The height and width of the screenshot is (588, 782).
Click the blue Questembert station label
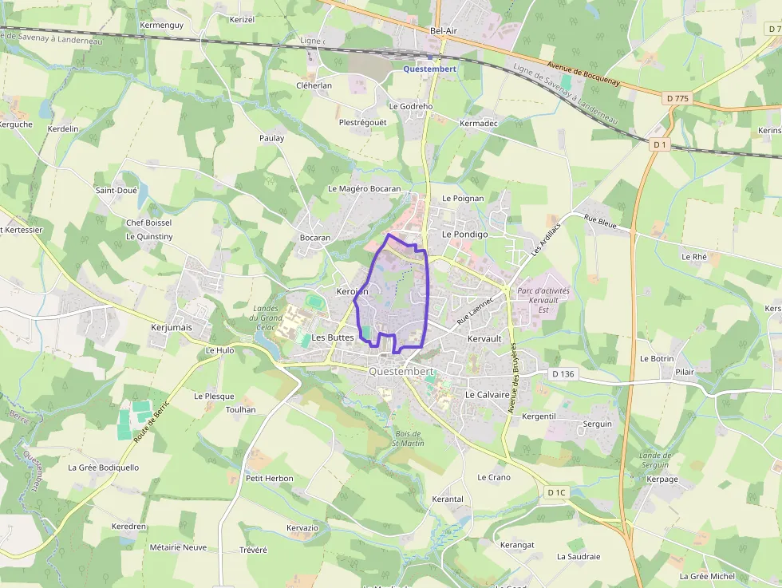coord(429,69)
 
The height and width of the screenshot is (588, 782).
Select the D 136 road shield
coord(563,373)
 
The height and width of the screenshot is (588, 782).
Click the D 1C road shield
coord(556,492)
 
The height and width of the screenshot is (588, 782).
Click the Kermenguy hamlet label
coord(161,26)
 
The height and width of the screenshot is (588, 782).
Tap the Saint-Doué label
coord(117,191)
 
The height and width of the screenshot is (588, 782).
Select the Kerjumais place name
coord(172,327)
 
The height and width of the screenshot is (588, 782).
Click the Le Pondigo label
coord(464,235)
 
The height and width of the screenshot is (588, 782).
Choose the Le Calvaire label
coord(487,394)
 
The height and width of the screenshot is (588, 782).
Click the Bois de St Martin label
coord(409,438)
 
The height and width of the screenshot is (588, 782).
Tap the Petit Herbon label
coord(269,479)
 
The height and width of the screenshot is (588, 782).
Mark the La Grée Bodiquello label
coord(103,468)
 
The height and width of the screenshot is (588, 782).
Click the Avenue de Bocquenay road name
coord(590,78)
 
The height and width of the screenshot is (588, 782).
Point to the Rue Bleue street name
coord(600,222)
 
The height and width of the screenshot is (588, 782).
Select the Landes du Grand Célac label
coord(269,318)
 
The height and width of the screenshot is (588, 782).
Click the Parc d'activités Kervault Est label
coord(543,300)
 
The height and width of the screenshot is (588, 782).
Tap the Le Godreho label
coord(410,106)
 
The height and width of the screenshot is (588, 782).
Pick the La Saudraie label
coord(579,557)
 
